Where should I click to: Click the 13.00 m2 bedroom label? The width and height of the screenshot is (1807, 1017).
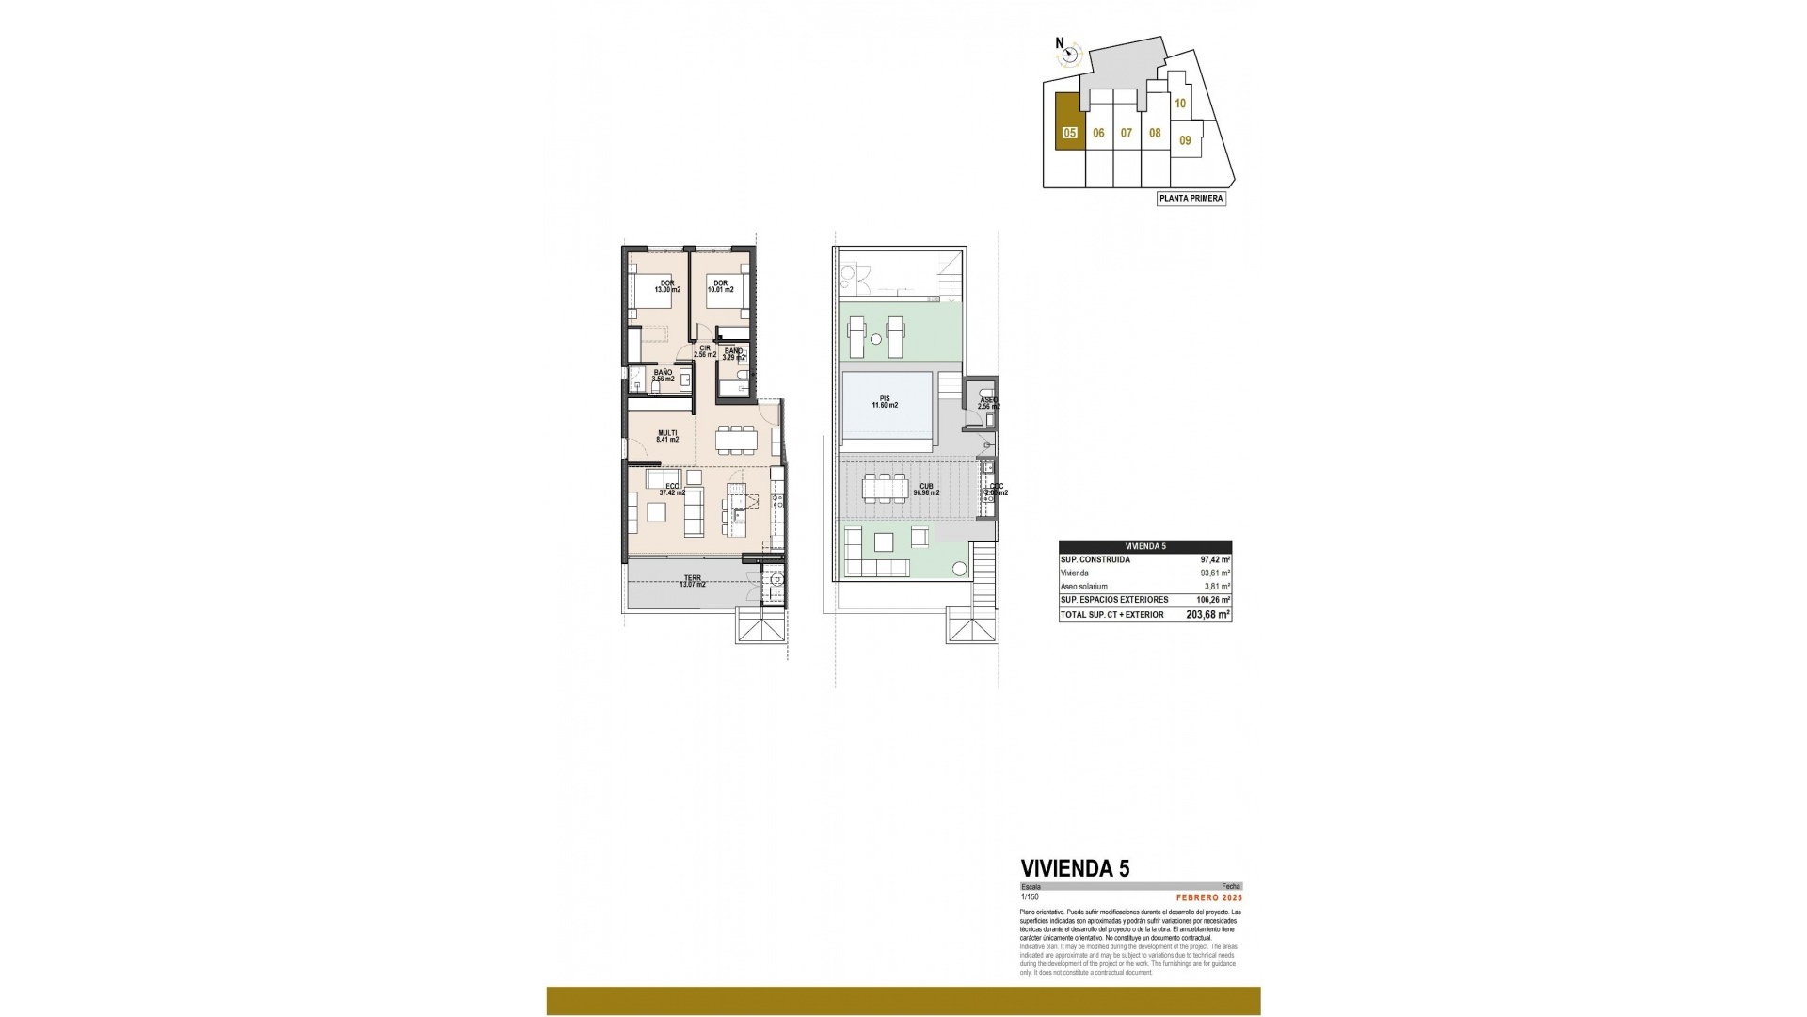[x=666, y=286]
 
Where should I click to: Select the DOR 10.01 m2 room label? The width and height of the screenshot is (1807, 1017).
[x=720, y=286]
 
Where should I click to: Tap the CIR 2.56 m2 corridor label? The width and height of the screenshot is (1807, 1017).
[x=705, y=350]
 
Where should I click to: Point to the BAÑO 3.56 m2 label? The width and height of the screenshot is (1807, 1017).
[x=663, y=376]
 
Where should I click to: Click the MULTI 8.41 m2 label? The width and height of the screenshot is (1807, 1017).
[x=666, y=435]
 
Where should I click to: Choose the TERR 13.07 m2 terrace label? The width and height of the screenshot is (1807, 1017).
[x=692, y=581]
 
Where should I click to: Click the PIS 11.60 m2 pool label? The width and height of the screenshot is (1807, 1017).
[x=884, y=402]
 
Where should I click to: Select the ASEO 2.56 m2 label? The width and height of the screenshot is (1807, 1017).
[x=989, y=403]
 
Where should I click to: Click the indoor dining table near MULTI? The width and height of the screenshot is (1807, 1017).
[x=736, y=440]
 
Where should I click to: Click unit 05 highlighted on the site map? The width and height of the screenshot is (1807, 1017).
[x=1069, y=133]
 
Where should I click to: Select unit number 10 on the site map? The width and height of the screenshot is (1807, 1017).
[x=1180, y=104]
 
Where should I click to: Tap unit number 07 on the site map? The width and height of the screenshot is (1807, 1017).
[x=1127, y=133]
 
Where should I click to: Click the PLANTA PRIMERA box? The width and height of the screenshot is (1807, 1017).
[x=1191, y=199]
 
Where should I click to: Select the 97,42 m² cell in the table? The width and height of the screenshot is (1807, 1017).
[x=1214, y=559]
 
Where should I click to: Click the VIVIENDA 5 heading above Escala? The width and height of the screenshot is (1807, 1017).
[x=1076, y=868]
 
